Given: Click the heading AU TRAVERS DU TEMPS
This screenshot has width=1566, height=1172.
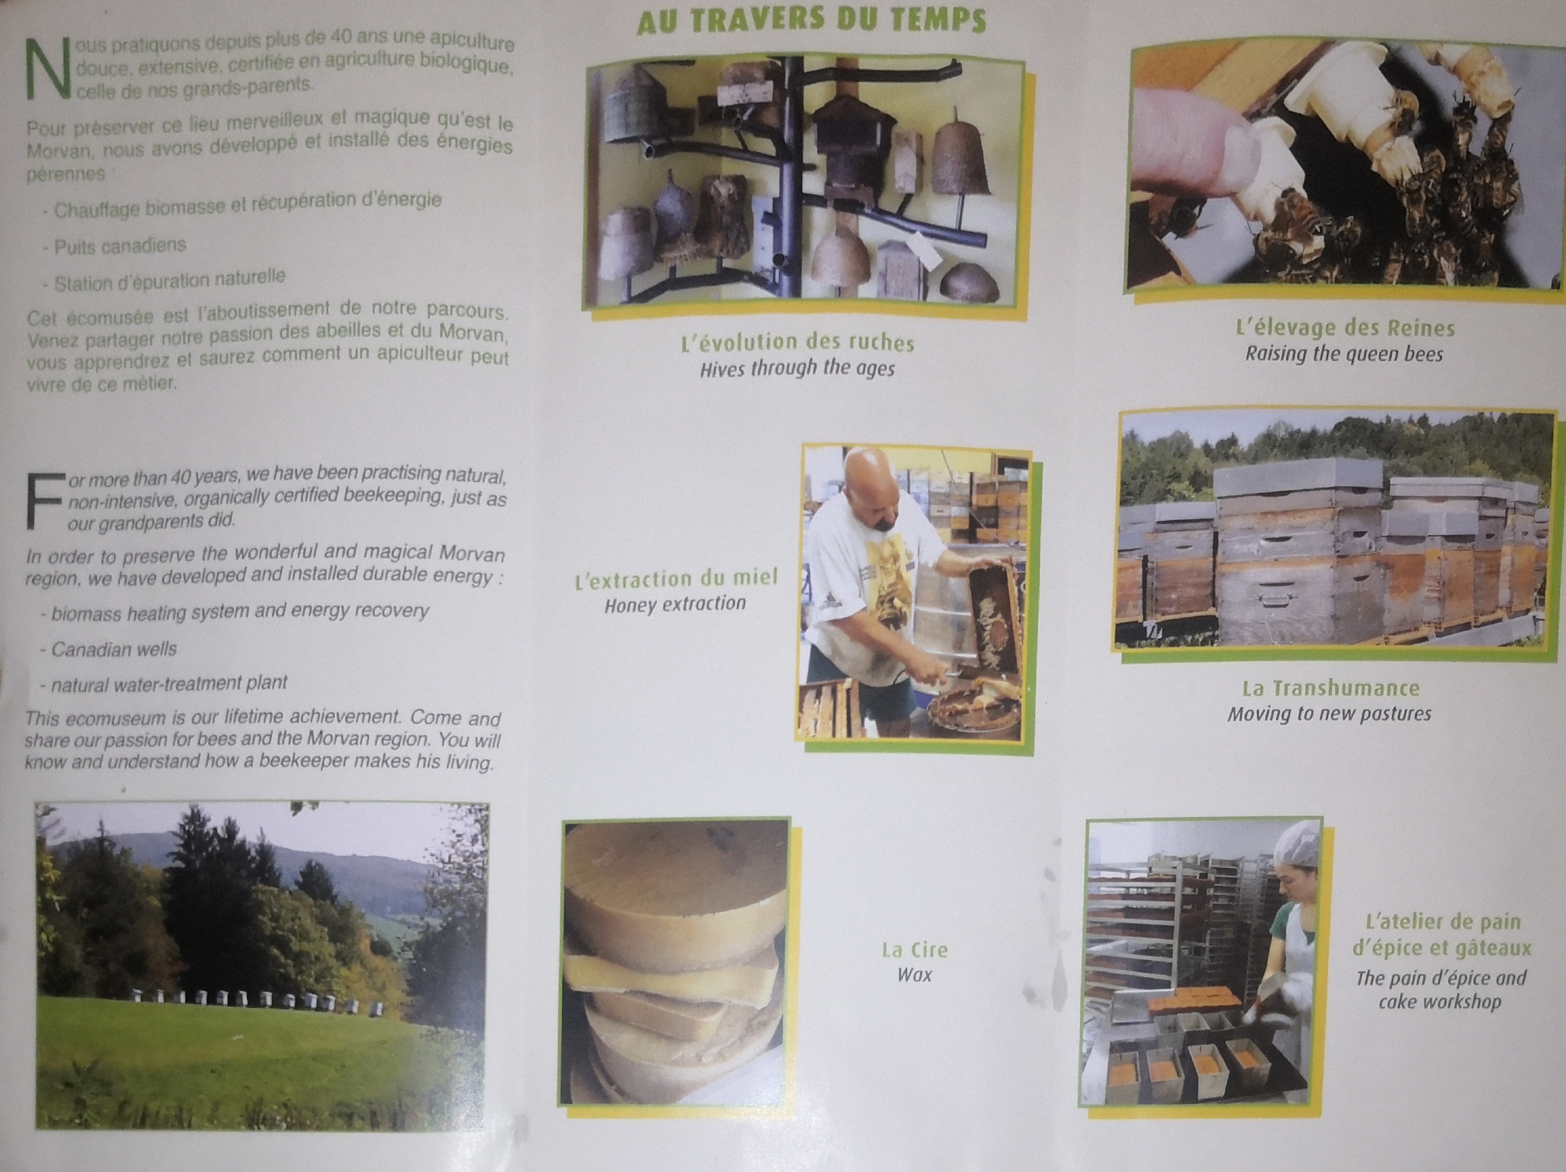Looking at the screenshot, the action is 811,20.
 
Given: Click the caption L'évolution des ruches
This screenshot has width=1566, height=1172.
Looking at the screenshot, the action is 797,343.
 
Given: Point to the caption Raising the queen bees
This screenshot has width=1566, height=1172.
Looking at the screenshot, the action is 1344,353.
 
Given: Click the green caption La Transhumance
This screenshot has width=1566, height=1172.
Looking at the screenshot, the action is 1330,687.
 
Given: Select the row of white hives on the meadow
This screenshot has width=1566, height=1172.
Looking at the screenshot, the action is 258,1000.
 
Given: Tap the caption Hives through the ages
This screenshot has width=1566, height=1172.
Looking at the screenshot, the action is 797,368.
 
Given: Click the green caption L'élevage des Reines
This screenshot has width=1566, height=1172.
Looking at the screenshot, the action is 1345,328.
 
